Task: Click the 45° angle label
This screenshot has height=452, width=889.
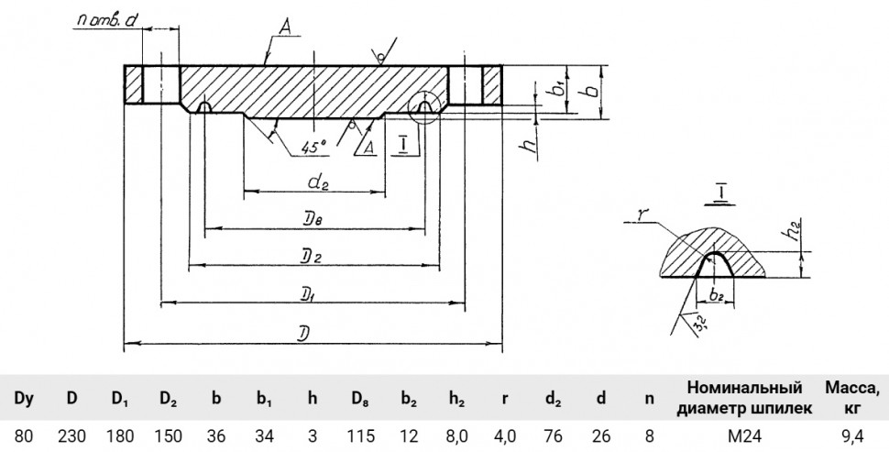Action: click(314, 148)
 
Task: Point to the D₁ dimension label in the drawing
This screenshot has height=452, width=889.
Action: click(311, 294)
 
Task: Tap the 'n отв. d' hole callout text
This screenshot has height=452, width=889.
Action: click(106, 21)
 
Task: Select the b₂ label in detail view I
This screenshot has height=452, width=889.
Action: click(717, 294)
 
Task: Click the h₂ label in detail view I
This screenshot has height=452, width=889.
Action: click(797, 230)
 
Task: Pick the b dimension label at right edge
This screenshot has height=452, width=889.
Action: click(592, 91)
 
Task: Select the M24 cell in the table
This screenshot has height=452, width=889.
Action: click(745, 436)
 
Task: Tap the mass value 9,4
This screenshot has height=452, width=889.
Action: click(852, 436)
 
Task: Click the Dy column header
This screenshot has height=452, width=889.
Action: click(23, 398)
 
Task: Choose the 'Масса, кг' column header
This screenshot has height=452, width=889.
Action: click(852, 398)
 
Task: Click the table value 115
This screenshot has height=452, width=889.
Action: click(360, 436)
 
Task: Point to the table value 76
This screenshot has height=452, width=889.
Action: click(553, 436)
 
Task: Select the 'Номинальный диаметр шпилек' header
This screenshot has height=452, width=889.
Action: click(744, 398)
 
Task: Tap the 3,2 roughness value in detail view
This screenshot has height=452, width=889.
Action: click(699, 324)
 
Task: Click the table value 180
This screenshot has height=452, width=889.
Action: click(120, 436)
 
